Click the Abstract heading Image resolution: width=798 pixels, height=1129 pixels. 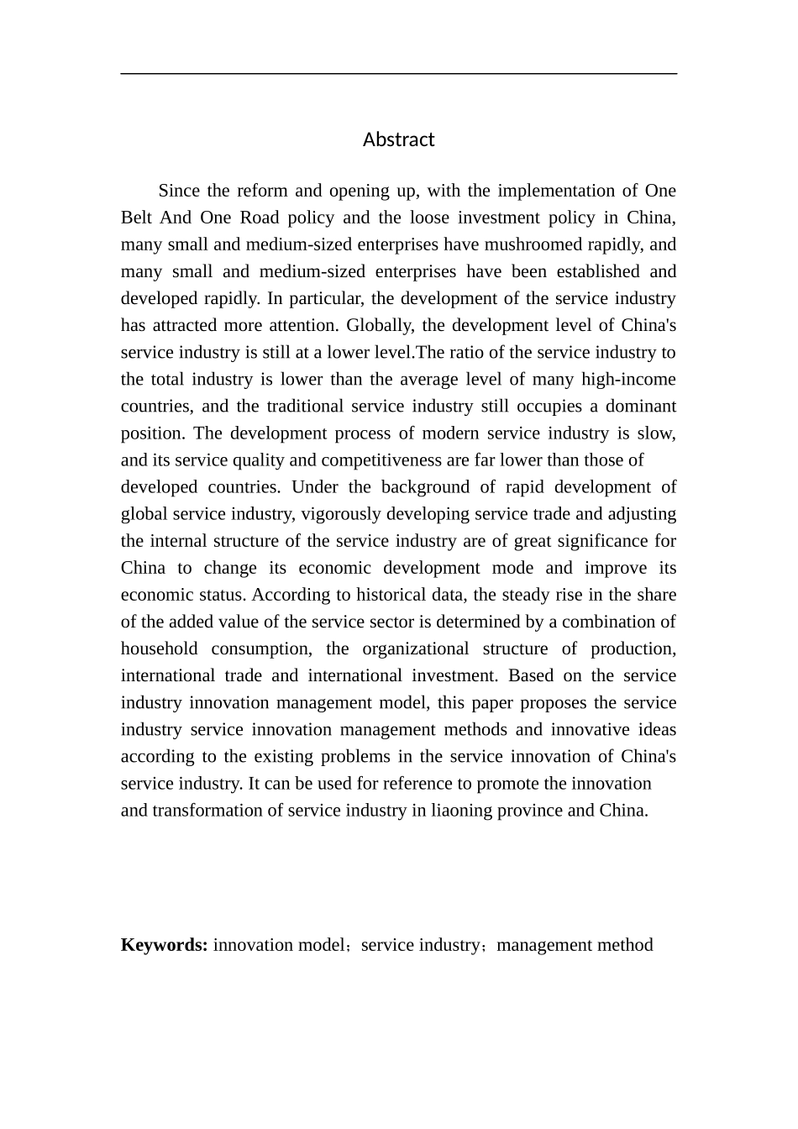(398, 139)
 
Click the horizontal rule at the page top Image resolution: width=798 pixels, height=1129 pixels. (398, 74)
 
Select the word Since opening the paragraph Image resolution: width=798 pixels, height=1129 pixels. (181, 191)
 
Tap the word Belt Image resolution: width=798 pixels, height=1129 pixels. (139, 218)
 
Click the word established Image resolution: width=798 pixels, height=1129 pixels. (579, 271)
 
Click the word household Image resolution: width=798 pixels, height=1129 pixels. (159, 648)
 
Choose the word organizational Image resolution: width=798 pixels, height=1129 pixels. (415, 648)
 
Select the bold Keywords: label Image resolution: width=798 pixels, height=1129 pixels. (164, 944)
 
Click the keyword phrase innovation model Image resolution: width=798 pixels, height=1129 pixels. (278, 944)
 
